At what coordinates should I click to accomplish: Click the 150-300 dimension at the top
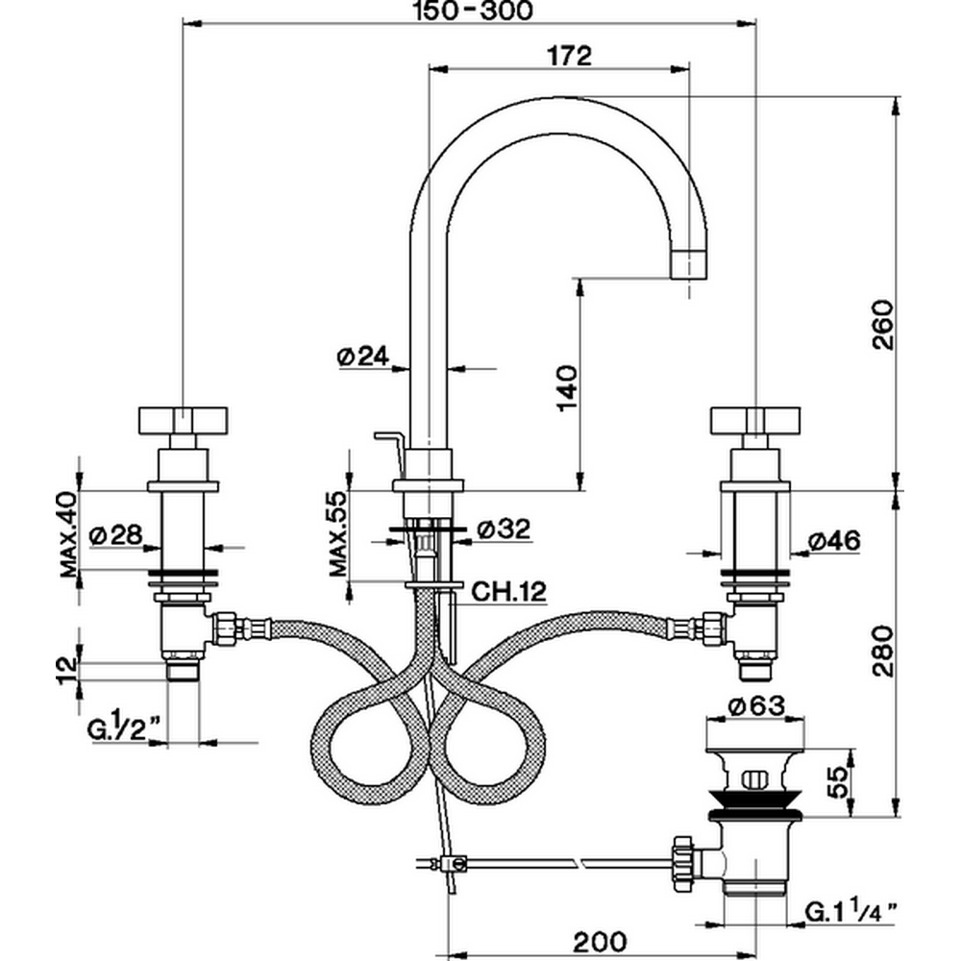click(x=468, y=12)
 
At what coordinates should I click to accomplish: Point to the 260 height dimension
click(x=883, y=327)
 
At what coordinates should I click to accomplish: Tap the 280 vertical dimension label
click(x=883, y=652)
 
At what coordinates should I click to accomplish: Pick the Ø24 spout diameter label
click(x=362, y=357)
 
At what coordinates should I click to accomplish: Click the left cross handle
click(x=184, y=420)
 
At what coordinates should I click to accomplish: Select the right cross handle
click(x=752, y=420)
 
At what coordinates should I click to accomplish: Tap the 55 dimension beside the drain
click(x=838, y=779)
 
